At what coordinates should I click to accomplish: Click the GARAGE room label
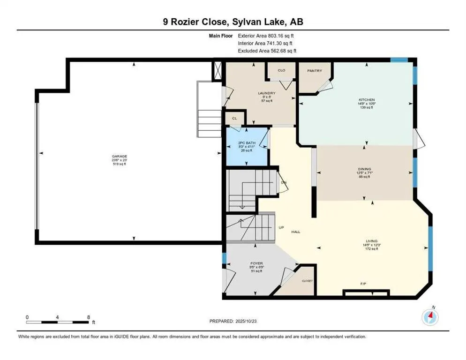120,156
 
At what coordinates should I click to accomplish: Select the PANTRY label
314,71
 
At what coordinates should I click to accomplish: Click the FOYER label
256,263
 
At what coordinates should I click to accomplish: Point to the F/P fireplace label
363,284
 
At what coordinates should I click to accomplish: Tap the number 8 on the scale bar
89,317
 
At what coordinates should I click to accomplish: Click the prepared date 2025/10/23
262,321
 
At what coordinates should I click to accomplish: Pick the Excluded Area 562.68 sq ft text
267,51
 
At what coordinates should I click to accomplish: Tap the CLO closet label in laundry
281,70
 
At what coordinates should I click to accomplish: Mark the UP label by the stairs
282,228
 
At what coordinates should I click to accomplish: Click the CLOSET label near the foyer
307,281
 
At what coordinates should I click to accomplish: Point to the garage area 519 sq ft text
120,164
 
